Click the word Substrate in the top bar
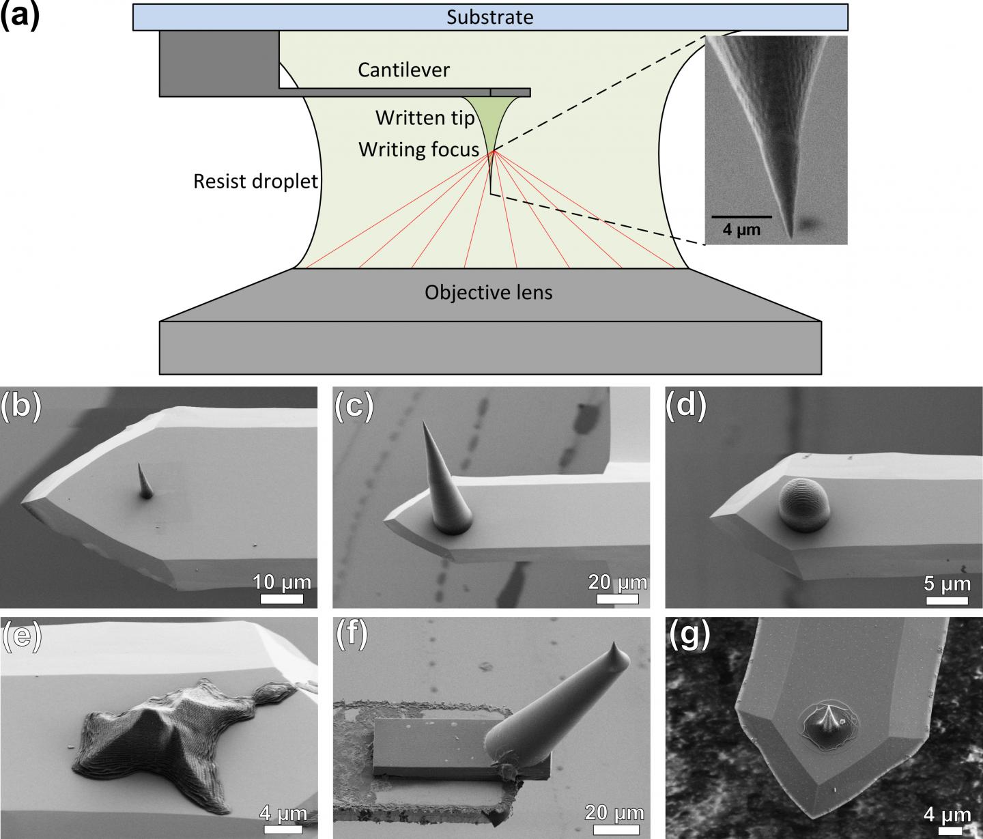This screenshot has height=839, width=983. tap(489, 16)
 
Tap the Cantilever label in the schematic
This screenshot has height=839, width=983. tap(403, 70)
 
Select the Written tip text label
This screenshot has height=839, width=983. tap(425, 118)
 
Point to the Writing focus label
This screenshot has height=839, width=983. tap(418, 149)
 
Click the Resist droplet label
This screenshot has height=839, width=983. tap(256, 182)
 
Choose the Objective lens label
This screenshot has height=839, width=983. tap(488, 293)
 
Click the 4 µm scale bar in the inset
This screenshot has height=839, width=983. tap(741, 217)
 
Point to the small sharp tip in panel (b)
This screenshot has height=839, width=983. tap(144, 481)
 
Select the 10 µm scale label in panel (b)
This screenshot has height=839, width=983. tap(282, 582)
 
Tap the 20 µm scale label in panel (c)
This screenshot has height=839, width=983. tap(617, 582)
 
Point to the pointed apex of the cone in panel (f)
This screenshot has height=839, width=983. tap(616, 648)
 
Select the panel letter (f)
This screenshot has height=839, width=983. tap(352, 635)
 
